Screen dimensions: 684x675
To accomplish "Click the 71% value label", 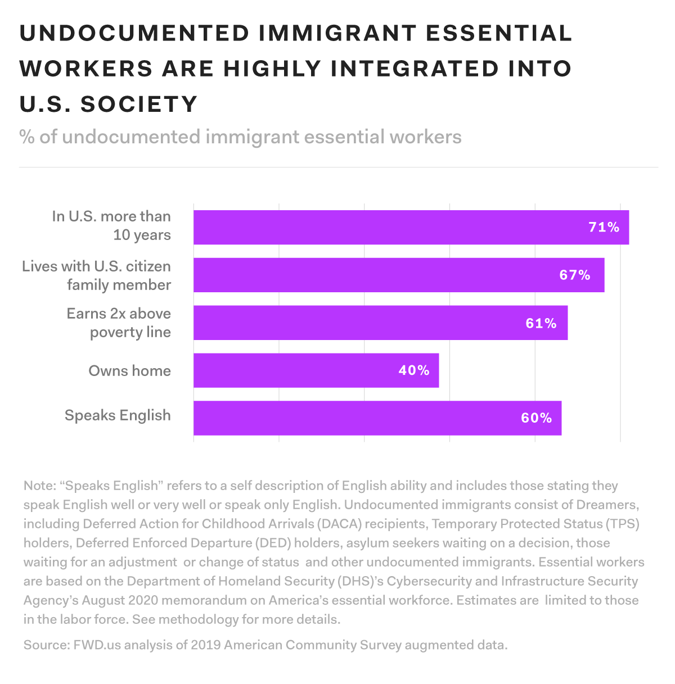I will tap(604, 227).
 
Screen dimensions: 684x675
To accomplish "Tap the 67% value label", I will tap(574, 275).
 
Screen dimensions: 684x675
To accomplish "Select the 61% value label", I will tap(541, 323).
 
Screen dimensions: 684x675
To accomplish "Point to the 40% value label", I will tap(413, 370).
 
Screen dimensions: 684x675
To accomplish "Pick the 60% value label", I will tap(536, 418).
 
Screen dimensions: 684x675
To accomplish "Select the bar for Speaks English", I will tap(337, 418).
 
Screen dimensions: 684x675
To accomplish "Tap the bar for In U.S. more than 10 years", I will tap(366, 227).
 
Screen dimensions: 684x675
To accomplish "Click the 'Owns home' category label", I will tap(129, 371).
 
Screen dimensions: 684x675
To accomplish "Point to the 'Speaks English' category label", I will tap(118, 415).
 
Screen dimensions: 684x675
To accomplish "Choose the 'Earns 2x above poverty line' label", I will tap(119, 323).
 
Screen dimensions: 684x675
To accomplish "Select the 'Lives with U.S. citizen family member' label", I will tap(96, 275).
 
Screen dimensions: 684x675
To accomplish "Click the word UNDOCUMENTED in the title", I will tap(134, 33).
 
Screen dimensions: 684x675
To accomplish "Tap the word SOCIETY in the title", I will tap(139, 105).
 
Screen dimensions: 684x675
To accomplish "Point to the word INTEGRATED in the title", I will tap(415, 69).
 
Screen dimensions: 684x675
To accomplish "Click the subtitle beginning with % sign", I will tap(240, 137).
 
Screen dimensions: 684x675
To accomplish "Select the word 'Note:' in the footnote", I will tap(39, 486).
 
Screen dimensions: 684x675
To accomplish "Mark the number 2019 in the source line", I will tap(205, 645).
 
